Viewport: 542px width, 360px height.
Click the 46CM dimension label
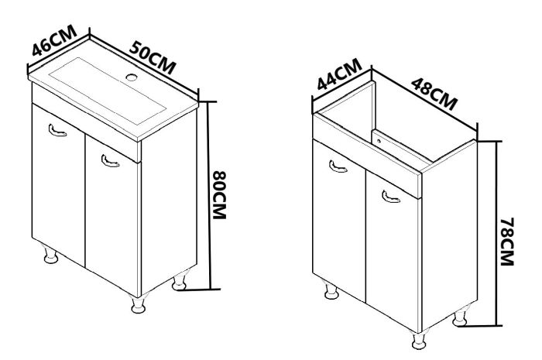(x=54, y=40)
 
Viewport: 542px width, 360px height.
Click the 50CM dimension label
(x=153, y=57)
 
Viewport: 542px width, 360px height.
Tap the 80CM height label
(x=219, y=195)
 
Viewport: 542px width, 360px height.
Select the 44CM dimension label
(x=339, y=74)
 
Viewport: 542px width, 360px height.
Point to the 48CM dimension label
(x=434, y=94)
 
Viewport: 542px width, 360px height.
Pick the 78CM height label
(x=507, y=242)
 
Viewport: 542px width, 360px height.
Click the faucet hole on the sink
(x=132, y=77)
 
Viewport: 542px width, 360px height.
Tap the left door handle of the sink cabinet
(x=57, y=130)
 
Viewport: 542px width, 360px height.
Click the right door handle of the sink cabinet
(x=110, y=161)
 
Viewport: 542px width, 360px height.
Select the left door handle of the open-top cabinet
(x=338, y=166)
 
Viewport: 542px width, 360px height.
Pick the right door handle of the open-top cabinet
(x=390, y=197)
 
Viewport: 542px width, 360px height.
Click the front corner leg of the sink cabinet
(x=139, y=304)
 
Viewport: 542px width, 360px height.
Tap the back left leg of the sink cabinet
(x=50, y=254)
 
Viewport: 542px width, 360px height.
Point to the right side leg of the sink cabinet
(x=180, y=279)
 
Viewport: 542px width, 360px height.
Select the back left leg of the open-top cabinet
(x=331, y=290)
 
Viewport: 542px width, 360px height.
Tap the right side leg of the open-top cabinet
(x=461, y=316)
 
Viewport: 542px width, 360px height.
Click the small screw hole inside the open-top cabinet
(x=379, y=141)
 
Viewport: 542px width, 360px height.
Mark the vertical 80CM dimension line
(x=210, y=196)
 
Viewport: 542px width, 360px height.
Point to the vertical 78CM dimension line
(x=497, y=234)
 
